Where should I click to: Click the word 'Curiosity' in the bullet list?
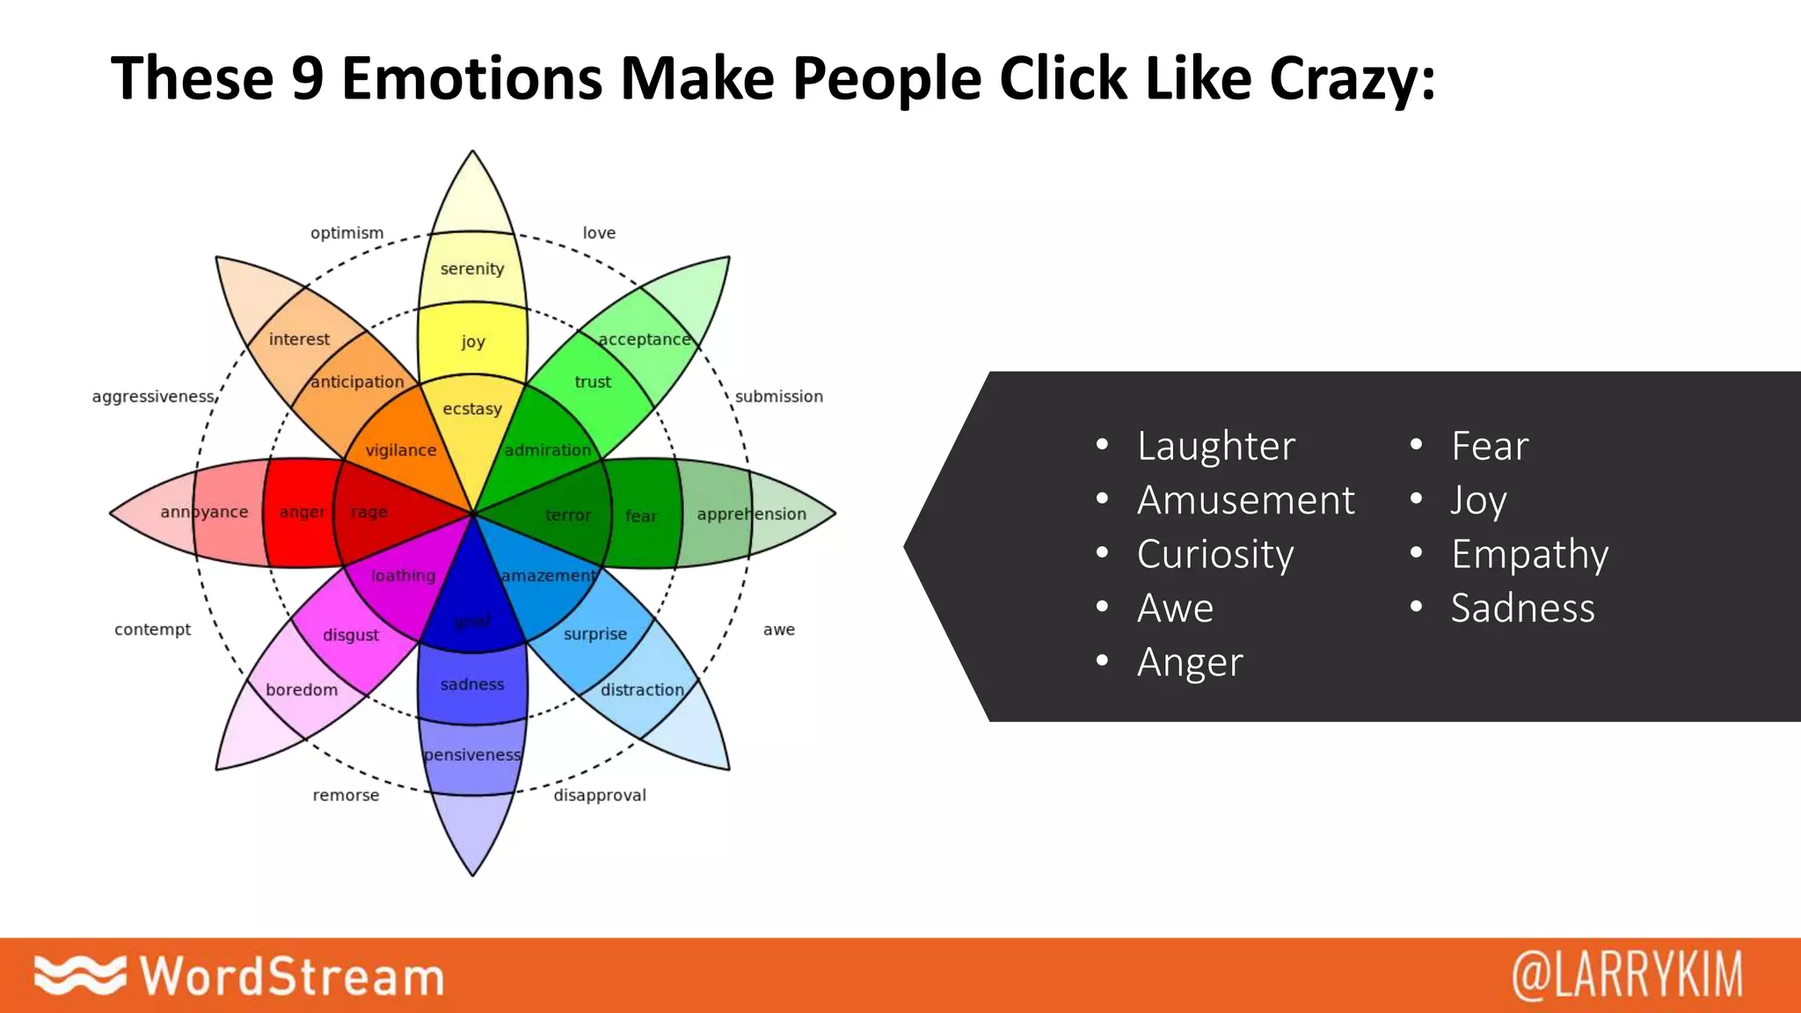click(x=1214, y=554)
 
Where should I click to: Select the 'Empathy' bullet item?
click(x=1529, y=554)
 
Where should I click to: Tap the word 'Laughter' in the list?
click(x=1215, y=446)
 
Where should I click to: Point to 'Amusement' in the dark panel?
click(x=1245, y=500)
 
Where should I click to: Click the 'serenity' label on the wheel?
click(x=472, y=268)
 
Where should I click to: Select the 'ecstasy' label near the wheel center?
click(x=472, y=409)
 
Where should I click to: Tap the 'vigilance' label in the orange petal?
click(x=401, y=450)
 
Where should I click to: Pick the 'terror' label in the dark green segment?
click(x=568, y=514)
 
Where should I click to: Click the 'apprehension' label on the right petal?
click(x=751, y=514)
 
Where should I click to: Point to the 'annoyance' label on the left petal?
click(x=204, y=512)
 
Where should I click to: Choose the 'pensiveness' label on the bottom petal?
click(x=472, y=754)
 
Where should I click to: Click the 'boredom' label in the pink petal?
click(x=302, y=689)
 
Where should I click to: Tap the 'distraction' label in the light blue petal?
click(x=642, y=689)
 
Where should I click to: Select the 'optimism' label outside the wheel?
click(x=346, y=233)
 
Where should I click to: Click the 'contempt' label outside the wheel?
click(x=152, y=630)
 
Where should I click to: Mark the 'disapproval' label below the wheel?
click(x=600, y=795)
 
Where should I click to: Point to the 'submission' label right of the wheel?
click(x=779, y=397)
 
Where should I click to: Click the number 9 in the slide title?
click(x=308, y=78)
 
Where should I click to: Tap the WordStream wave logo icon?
click(x=79, y=975)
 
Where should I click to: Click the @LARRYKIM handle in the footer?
click(x=1626, y=975)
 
